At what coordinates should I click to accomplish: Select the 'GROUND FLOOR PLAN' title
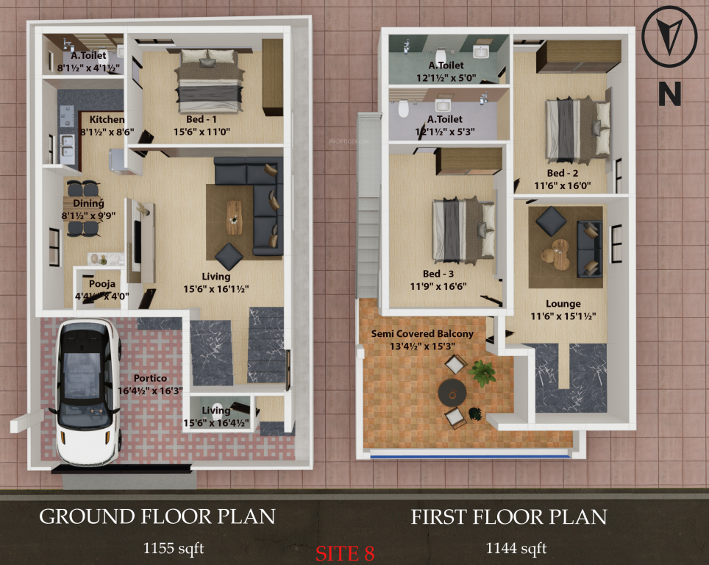click(157, 516)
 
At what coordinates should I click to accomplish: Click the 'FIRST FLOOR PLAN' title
click(509, 517)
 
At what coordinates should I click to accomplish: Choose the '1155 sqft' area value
click(173, 547)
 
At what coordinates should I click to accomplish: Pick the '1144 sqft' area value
click(516, 547)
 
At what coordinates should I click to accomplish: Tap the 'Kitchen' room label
click(107, 119)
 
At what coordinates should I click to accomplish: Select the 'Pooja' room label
click(101, 284)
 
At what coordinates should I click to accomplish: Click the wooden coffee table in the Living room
click(235, 217)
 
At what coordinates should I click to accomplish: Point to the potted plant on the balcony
click(482, 372)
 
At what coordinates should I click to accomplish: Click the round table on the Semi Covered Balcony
click(452, 393)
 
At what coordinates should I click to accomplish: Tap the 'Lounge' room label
click(563, 304)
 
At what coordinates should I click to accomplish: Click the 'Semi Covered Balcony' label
click(423, 333)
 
